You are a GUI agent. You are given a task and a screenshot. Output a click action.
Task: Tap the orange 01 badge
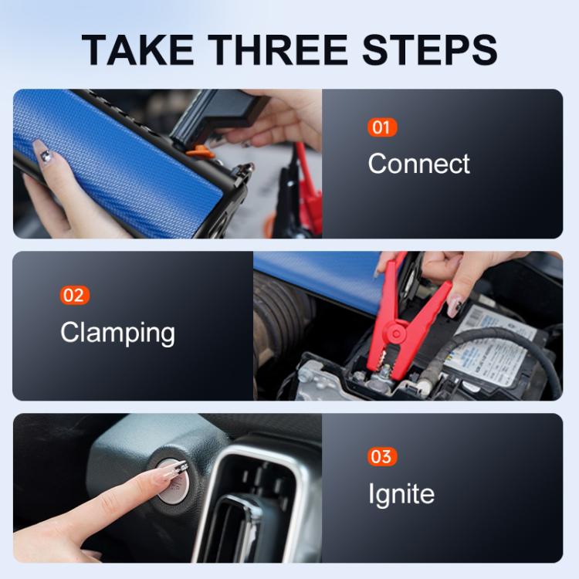(381, 127)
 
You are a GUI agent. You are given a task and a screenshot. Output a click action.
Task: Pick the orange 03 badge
(381, 457)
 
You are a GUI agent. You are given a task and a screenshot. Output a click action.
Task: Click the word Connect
(418, 164)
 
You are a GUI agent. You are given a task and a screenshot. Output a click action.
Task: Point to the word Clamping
(117, 333)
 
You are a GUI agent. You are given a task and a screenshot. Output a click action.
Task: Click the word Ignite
(401, 494)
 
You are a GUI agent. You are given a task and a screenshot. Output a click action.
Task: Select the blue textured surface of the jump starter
(116, 154)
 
